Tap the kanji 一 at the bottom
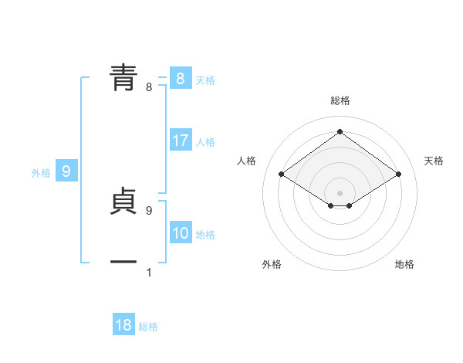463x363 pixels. pyautogui.click(x=123, y=263)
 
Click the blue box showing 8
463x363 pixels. pyautogui.click(x=180, y=79)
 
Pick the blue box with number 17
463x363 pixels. pyautogui.click(x=181, y=141)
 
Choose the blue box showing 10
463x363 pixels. pyautogui.click(x=181, y=233)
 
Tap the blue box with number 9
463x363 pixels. pyautogui.click(x=66, y=171)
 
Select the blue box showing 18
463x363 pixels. pyautogui.click(x=123, y=325)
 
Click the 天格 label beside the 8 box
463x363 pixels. pyautogui.click(x=205, y=80)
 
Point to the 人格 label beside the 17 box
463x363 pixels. pyautogui.click(x=205, y=142)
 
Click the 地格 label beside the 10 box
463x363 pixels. pyautogui.click(x=205, y=235)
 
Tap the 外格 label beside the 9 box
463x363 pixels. pyautogui.click(x=41, y=173)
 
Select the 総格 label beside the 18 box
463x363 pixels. pyautogui.click(x=148, y=327)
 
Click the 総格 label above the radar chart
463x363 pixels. pyautogui.click(x=340, y=100)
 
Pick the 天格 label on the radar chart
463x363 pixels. pyautogui.click(x=434, y=161)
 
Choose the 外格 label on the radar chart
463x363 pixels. pyautogui.click(x=272, y=264)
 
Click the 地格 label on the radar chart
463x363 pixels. pyautogui.click(x=404, y=264)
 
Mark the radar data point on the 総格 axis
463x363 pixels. pyautogui.click(x=340, y=132)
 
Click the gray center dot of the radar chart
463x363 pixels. pyautogui.click(x=340, y=192)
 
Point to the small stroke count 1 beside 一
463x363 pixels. pyautogui.click(x=149, y=272)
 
